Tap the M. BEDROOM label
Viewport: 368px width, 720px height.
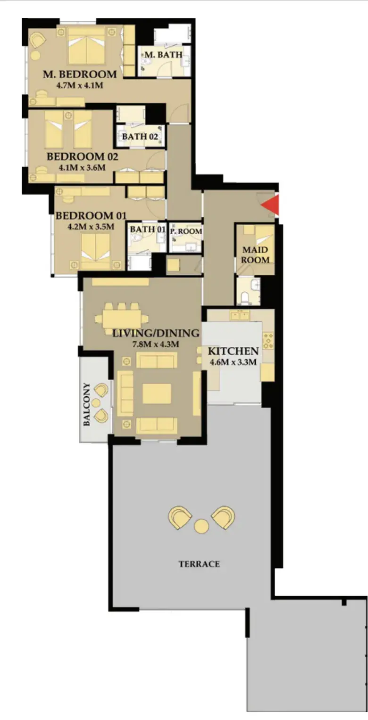[80, 74]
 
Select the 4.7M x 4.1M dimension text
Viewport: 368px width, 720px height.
[80, 85]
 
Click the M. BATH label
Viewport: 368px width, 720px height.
[163, 55]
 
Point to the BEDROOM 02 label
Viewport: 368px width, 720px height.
[83, 156]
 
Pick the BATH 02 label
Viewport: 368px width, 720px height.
[140, 137]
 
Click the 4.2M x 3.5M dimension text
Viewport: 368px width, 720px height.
[91, 227]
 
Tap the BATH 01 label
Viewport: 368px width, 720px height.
[148, 229]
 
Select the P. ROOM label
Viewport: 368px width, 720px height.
[186, 231]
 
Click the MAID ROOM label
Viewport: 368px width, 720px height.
[255, 254]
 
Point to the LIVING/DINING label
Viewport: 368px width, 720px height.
[156, 333]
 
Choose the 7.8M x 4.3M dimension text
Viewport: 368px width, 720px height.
[156, 344]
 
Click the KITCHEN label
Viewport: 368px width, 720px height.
[234, 351]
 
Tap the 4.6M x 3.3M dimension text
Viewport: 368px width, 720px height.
[234, 362]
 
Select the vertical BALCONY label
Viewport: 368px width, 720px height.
[87, 404]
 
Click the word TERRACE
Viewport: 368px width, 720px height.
[199, 564]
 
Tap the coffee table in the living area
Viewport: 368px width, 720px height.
[157, 393]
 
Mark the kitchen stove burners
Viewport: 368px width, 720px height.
[268, 341]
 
